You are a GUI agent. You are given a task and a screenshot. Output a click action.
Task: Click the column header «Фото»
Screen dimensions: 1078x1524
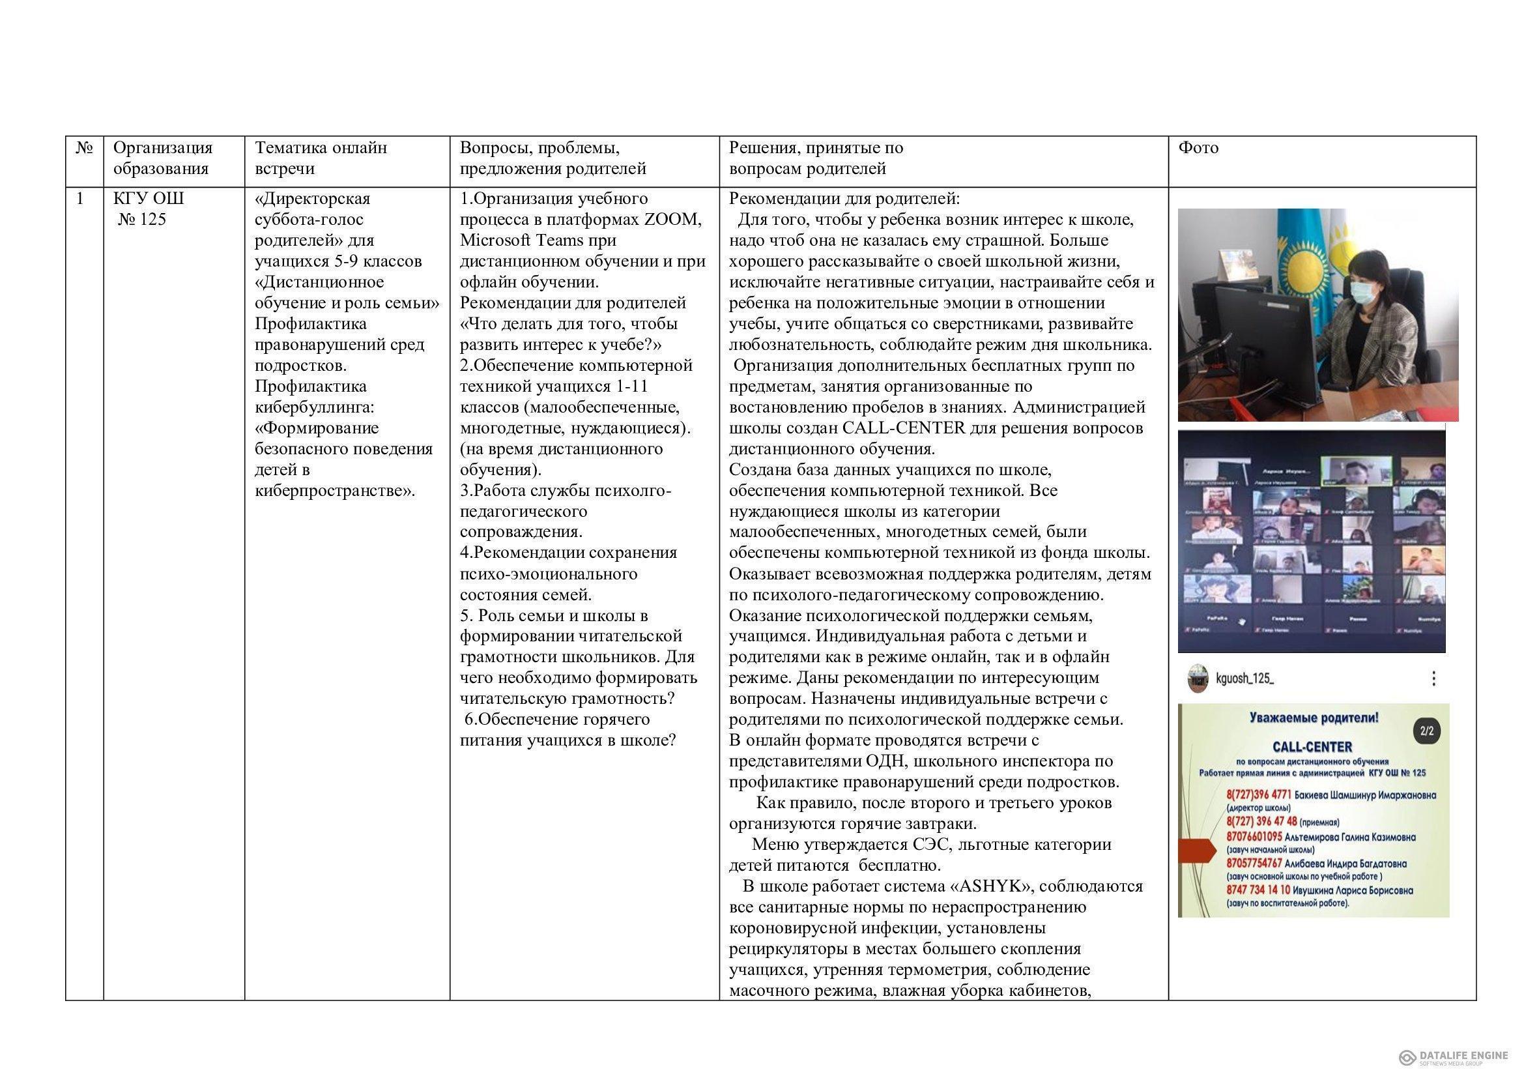1198,147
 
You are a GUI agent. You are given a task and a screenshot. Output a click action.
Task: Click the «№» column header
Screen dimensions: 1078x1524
83,147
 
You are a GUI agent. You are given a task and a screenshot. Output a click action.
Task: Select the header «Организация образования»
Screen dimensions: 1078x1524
163,158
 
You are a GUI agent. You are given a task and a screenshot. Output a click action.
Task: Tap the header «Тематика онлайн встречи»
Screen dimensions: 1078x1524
321,158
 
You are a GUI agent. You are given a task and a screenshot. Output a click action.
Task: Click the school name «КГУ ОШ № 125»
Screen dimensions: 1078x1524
149,209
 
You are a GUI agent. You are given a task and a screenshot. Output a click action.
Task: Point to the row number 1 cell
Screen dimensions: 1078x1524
81,199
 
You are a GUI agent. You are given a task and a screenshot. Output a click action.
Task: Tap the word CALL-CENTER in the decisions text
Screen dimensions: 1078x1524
903,428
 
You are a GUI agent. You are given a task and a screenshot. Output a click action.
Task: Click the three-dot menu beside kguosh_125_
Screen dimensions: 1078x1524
1433,678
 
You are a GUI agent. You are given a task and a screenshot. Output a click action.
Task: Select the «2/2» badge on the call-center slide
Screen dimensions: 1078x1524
1426,731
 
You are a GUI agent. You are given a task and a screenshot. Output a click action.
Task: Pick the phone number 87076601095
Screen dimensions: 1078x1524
1253,837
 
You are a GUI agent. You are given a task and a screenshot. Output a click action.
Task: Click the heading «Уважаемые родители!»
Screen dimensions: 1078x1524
1314,718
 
